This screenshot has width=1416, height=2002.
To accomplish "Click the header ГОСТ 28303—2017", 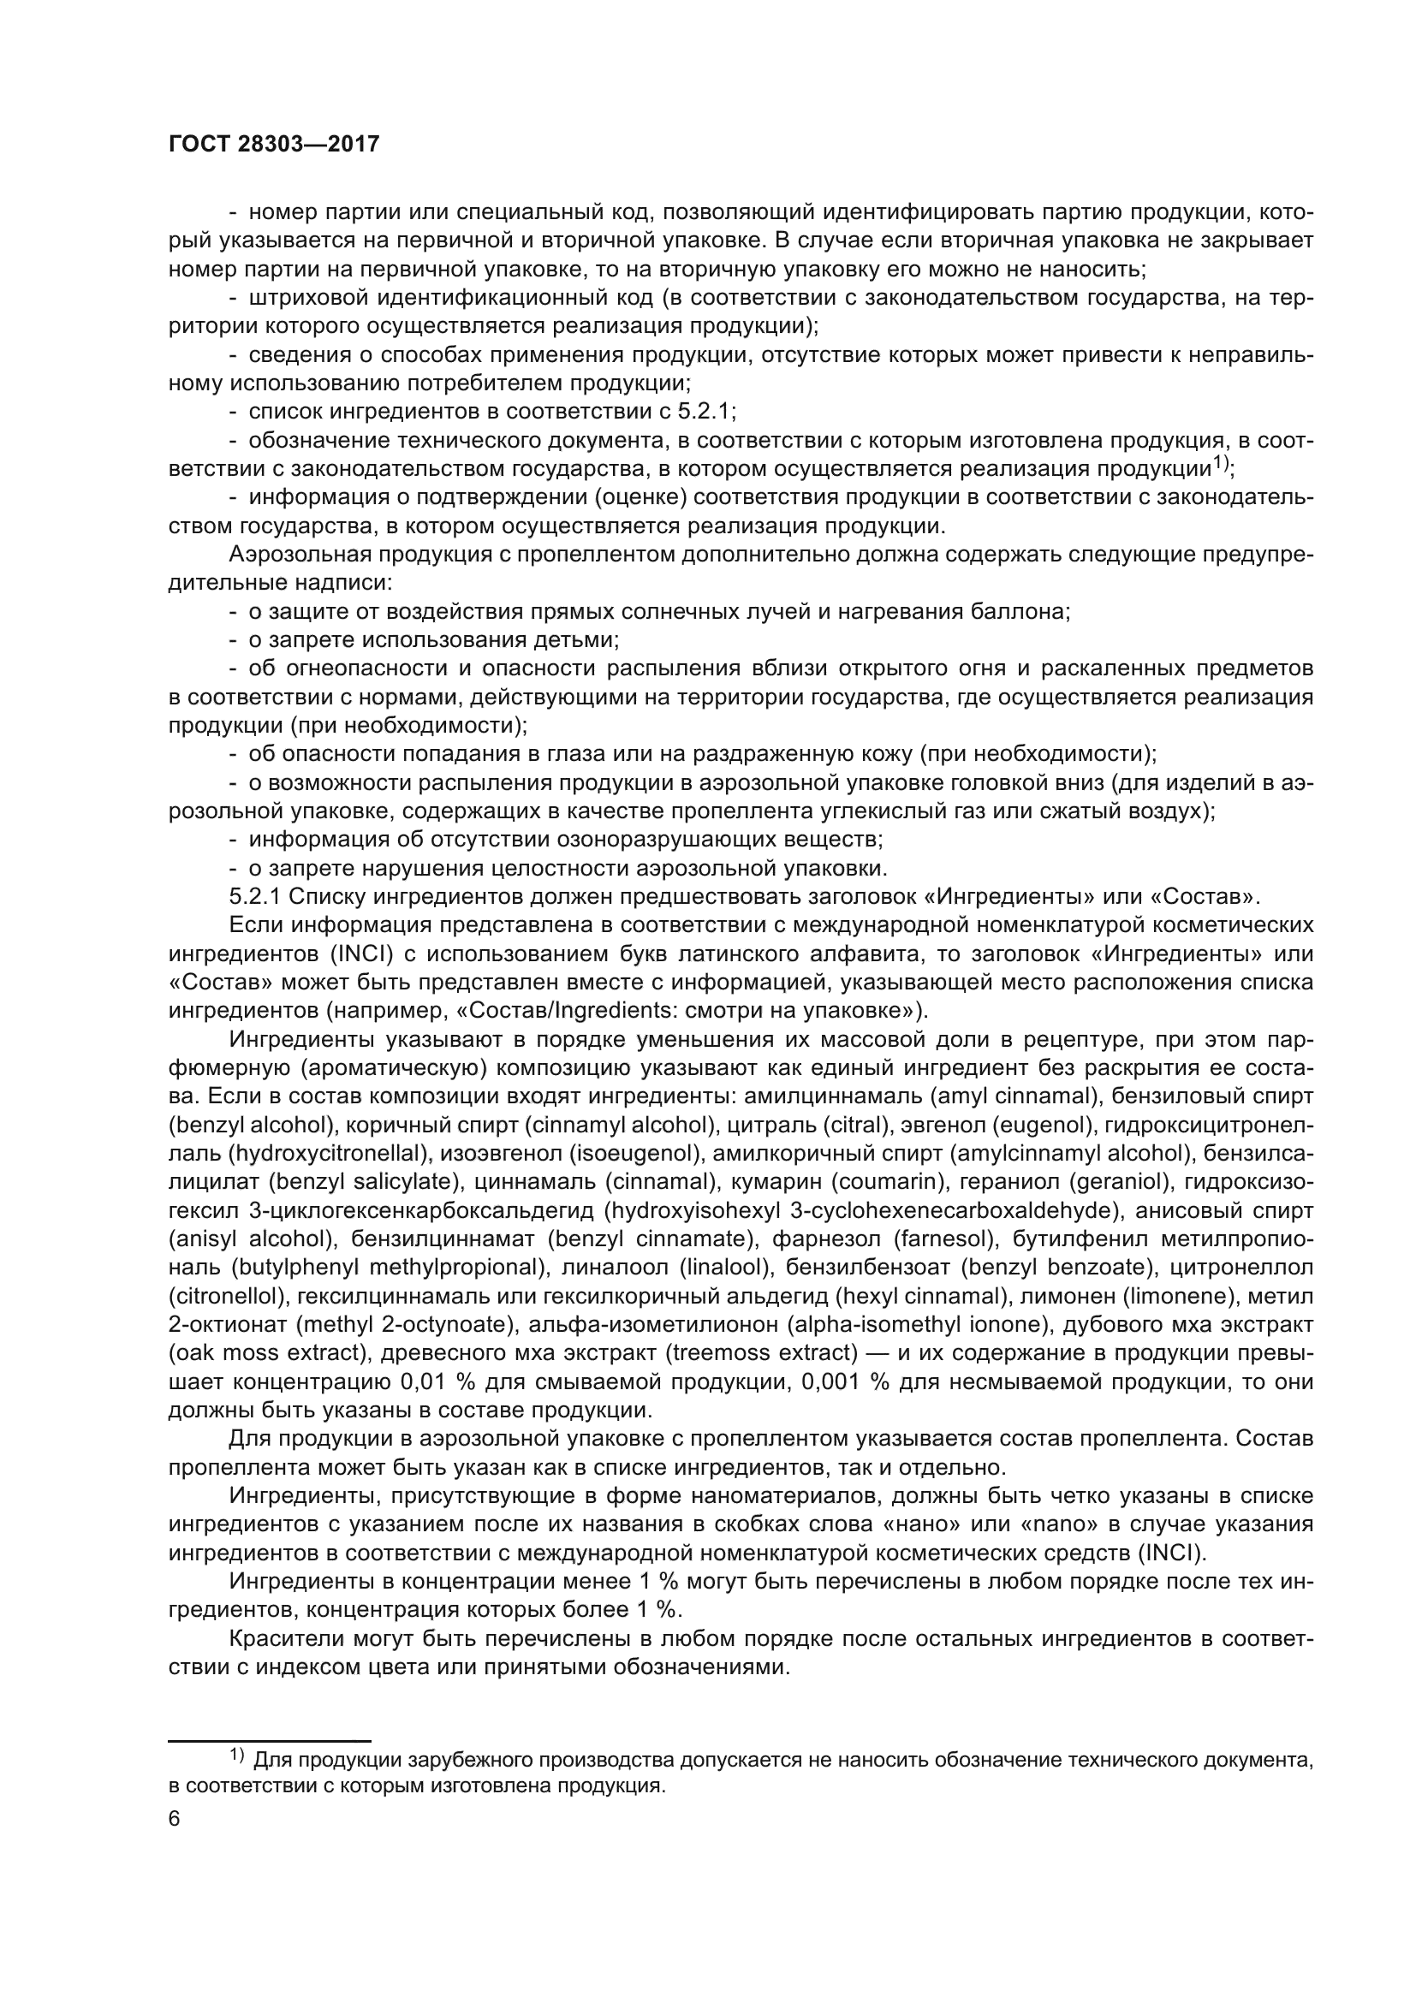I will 274,145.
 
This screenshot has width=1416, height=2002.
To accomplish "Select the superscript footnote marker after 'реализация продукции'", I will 1220,465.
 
